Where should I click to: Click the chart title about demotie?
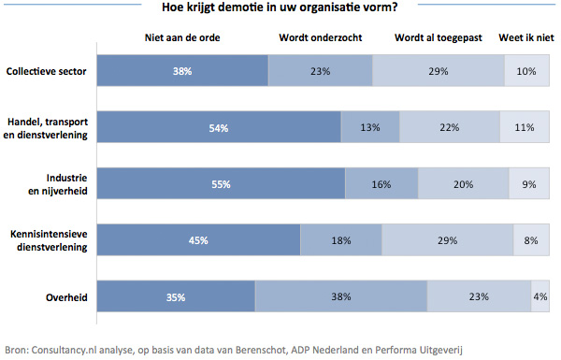pyautogui.click(x=280, y=9)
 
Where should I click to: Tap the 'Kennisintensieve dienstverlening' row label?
pyautogui.click(x=48, y=240)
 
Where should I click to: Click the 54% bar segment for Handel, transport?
pyautogui.click(x=219, y=128)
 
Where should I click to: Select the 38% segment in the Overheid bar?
pyautogui.click(x=340, y=297)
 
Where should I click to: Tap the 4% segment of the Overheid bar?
pyautogui.click(x=540, y=297)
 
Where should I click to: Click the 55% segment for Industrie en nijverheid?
pyautogui.click(x=221, y=184)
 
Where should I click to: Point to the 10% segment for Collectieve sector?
pyautogui.click(x=527, y=71)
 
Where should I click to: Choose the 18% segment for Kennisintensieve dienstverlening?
pyautogui.click(x=340, y=240)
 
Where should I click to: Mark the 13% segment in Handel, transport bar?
pyautogui.click(x=370, y=128)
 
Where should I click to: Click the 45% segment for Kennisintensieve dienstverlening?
pyautogui.click(x=198, y=240)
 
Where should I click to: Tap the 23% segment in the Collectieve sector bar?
pyautogui.click(x=320, y=71)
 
